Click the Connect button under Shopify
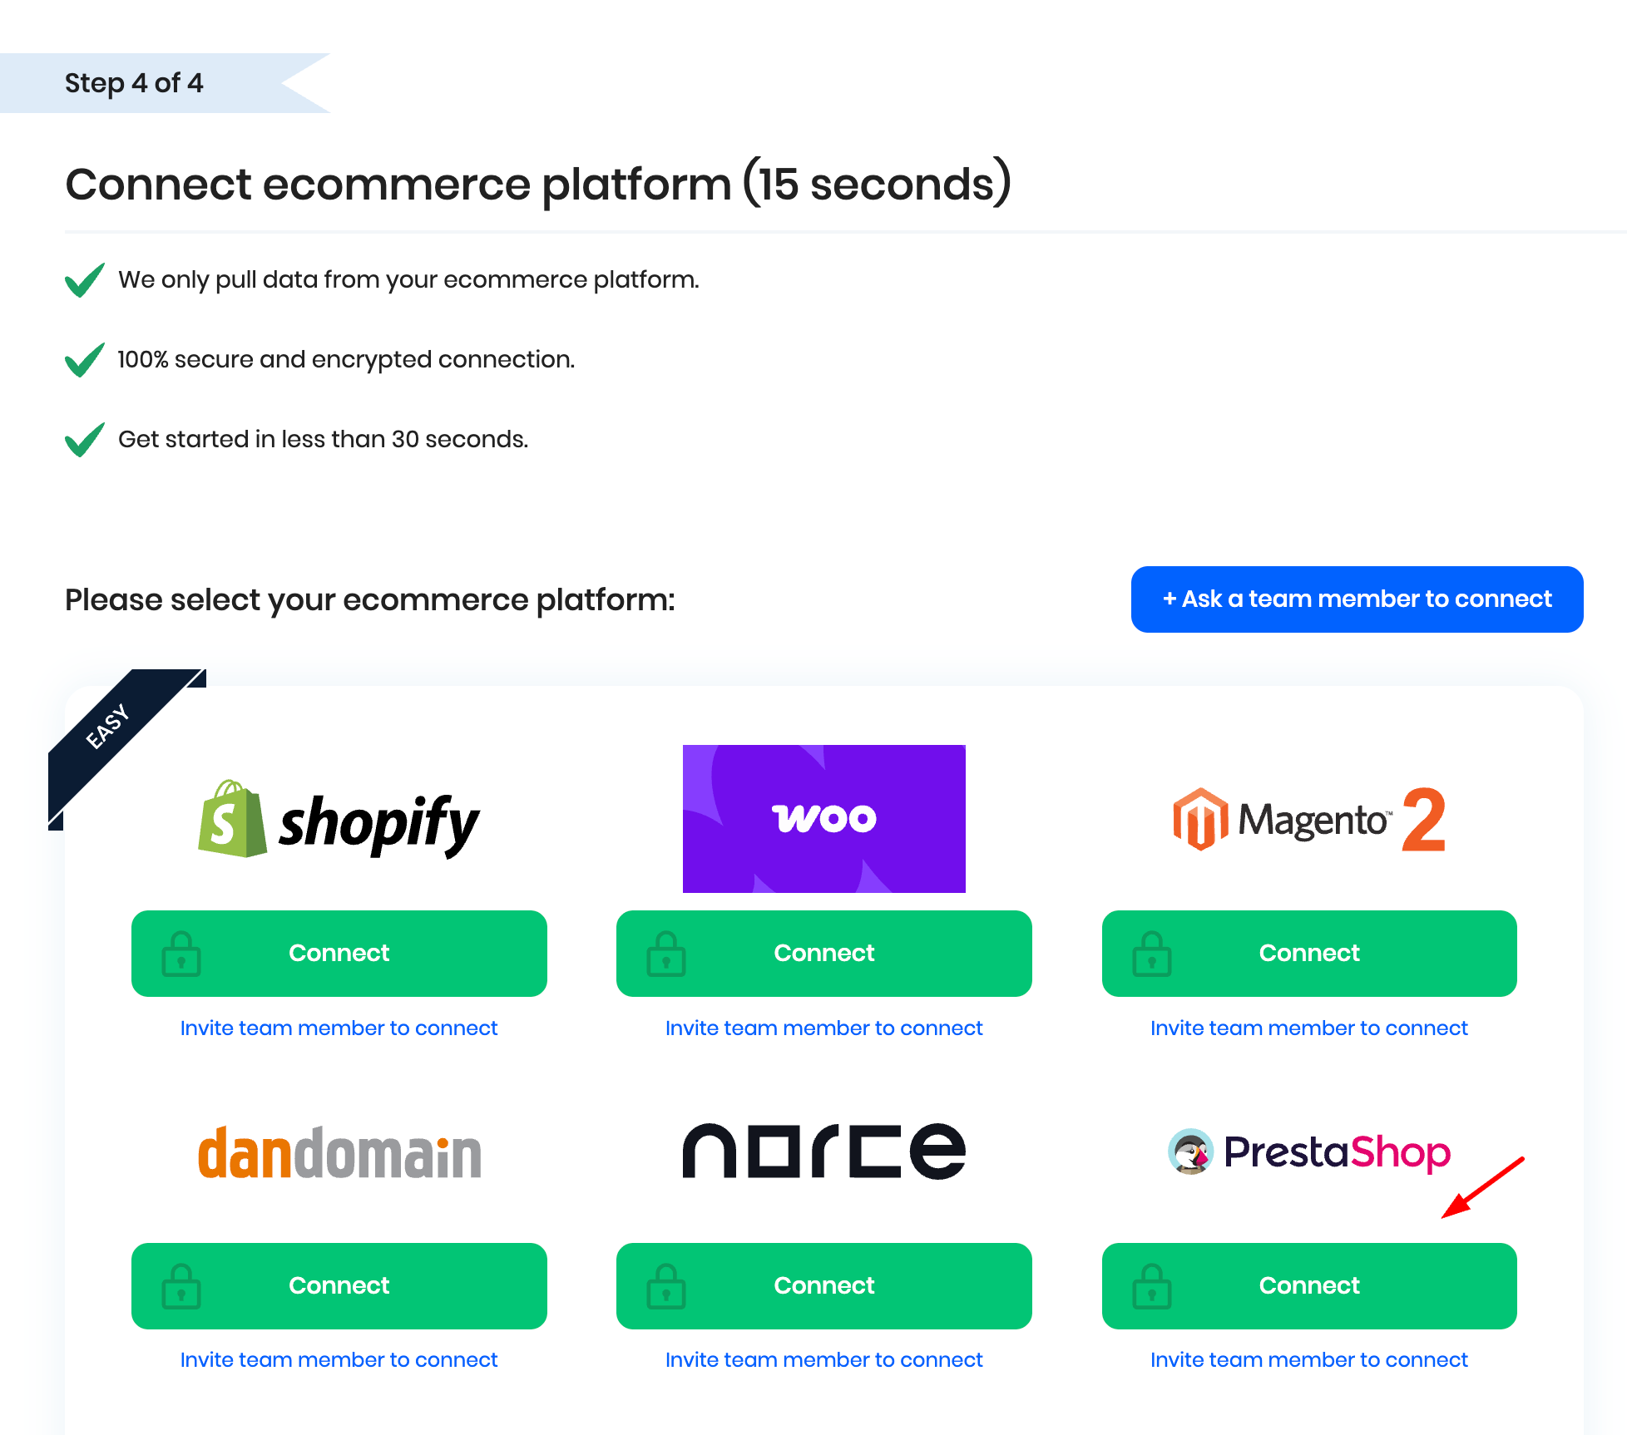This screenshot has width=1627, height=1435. pyautogui.click(x=339, y=953)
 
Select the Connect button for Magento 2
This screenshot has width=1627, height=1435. pyautogui.click(x=1308, y=953)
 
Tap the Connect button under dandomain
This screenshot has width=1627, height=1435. pyautogui.click(x=339, y=1285)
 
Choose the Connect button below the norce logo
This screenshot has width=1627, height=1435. pyautogui.click(x=823, y=1285)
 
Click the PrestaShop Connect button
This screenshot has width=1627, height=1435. pyautogui.click(x=1308, y=1285)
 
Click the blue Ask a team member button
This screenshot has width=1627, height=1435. pyautogui.click(x=1357, y=599)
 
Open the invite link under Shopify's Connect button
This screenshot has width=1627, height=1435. pyautogui.click(x=339, y=1028)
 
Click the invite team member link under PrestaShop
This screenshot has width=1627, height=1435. pyautogui.click(x=1308, y=1360)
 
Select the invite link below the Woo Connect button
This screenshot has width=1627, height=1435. pyautogui.click(x=823, y=1028)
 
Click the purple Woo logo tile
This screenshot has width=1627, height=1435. pyautogui.click(x=823, y=819)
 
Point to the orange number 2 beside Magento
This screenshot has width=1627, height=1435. pyautogui.click(x=1423, y=820)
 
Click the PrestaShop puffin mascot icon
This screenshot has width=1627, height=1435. pyautogui.click(x=1190, y=1152)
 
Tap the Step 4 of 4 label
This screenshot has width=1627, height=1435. pyautogui.click(x=134, y=83)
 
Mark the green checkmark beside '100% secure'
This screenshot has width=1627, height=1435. pyautogui.click(x=85, y=360)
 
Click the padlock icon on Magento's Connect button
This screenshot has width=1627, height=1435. pyautogui.click(x=1151, y=954)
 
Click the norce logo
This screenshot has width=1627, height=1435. pyautogui.click(x=823, y=1151)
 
